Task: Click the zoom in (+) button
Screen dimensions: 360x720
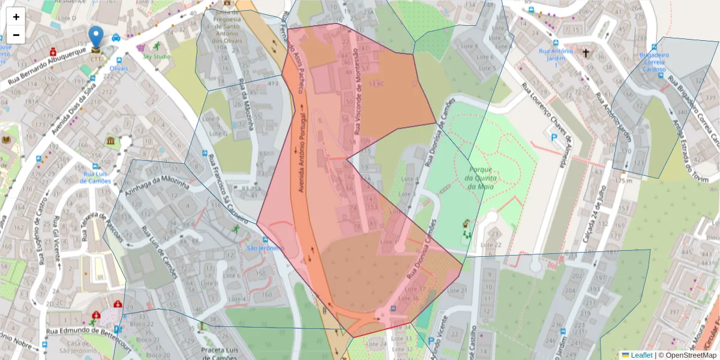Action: click(16, 17)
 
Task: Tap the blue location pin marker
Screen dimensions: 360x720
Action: click(95, 37)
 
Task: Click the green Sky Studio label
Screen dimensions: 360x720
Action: click(156, 56)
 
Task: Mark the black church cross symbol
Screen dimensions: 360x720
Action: click(586, 52)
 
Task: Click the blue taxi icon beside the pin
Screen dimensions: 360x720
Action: click(116, 37)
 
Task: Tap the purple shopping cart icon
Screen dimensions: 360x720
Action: click(141, 46)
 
